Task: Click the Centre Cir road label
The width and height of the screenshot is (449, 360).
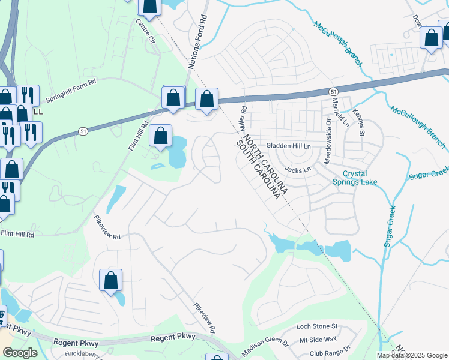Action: coord(145,34)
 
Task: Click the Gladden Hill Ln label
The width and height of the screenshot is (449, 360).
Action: coord(289,146)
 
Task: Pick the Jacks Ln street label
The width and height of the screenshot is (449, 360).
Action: coord(298,170)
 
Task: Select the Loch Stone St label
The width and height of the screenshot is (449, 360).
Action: coord(318,327)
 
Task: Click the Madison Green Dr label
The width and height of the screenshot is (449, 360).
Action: coord(265,347)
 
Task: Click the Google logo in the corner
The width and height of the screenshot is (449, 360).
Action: coord(20,353)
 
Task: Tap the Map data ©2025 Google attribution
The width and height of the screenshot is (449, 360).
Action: coord(412,355)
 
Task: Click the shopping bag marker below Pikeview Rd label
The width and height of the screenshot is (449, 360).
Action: coord(110,281)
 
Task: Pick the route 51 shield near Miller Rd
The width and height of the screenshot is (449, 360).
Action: coord(333,90)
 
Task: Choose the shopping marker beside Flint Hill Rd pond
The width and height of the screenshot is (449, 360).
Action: coord(160,136)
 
